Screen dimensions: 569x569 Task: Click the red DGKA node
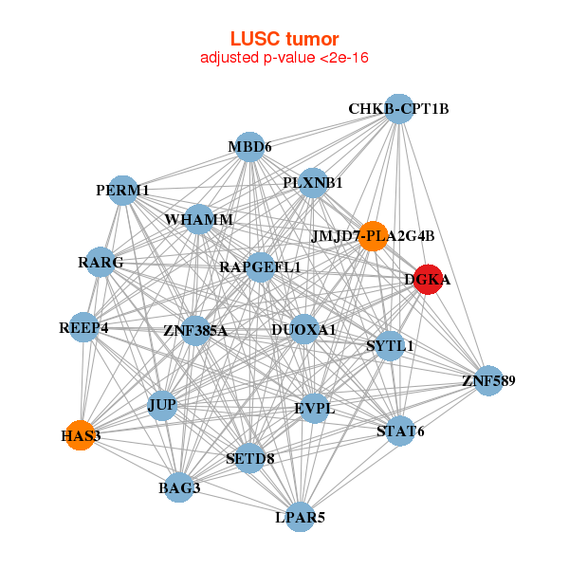point(427,280)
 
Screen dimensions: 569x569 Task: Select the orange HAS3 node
point(81,435)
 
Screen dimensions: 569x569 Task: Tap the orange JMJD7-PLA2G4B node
point(373,235)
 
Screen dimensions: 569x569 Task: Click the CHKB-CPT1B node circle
point(398,109)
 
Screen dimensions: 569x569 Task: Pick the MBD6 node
point(249,147)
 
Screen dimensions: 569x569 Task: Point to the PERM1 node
point(123,191)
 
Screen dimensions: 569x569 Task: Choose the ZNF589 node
point(488,381)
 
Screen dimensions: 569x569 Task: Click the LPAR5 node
point(300,517)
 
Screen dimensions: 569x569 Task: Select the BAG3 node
point(179,488)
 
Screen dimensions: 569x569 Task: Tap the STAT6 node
point(400,431)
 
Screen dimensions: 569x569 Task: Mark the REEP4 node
point(83,328)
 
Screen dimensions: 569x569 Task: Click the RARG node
point(101,262)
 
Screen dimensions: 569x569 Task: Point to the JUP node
point(162,405)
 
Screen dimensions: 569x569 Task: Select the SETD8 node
point(249,458)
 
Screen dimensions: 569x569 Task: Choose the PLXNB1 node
point(313,182)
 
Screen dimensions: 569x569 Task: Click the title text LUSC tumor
point(284,39)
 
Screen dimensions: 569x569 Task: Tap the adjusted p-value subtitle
point(284,58)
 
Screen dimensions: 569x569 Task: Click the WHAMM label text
point(198,220)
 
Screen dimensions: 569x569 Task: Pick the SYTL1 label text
point(390,346)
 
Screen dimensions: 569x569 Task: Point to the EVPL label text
point(314,410)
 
